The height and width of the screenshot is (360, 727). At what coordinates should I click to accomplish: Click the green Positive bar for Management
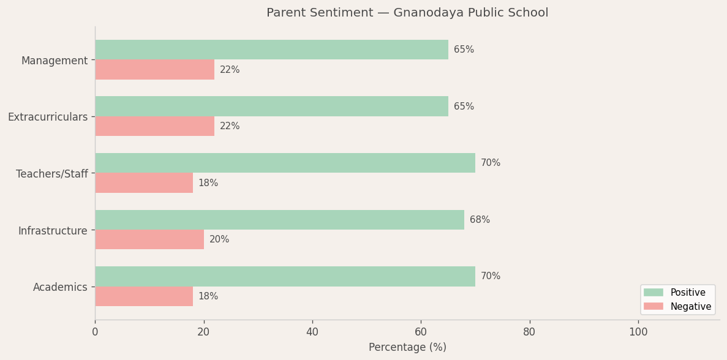tap(271, 50)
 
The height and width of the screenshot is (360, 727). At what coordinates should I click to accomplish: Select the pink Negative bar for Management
tap(154, 70)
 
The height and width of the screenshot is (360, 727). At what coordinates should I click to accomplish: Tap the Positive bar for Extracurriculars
tap(271, 107)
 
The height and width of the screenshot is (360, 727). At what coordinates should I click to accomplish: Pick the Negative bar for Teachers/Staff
tap(144, 183)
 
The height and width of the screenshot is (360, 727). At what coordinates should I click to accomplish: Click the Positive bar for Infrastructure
tap(279, 220)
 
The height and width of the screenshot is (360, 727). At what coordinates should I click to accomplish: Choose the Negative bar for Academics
tap(144, 296)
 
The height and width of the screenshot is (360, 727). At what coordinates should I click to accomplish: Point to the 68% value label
tap(480, 220)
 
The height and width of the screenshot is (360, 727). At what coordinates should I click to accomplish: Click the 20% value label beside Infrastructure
tap(219, 240)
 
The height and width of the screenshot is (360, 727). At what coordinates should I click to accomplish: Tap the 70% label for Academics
tap(491, 277)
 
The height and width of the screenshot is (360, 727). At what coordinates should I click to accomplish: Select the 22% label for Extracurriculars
tap(230, 127)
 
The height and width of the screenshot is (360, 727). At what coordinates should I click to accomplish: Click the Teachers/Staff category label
tap(52, 174)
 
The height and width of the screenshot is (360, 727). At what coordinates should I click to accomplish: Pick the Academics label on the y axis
tap(60, 287)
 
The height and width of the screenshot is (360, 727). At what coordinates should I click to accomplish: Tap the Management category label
tap(55, 61)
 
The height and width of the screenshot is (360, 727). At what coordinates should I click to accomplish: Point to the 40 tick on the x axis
tap(312, 332)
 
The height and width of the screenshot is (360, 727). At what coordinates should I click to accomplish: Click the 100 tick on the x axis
tap(638, 332)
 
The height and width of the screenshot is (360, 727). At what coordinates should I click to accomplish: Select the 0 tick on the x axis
tap(95, 332)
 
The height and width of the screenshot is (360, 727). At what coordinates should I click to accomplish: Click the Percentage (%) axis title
tap(407, 348)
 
